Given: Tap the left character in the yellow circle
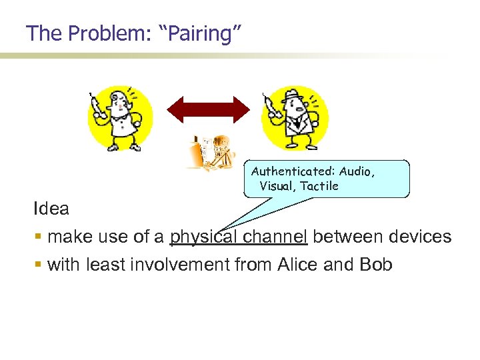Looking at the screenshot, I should click(120, 119).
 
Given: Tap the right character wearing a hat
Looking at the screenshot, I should click(293, 119).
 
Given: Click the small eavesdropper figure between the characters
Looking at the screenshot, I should click(210, 153).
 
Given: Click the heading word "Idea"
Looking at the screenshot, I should click(51, 209).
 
